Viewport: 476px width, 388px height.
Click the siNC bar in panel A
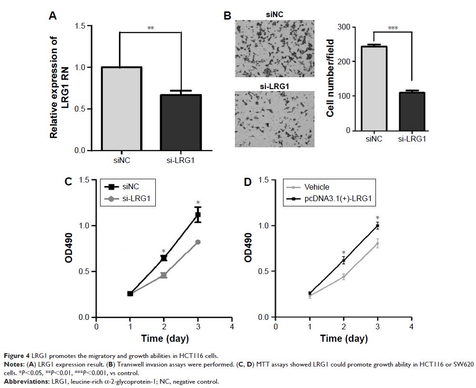[x=119, y=109]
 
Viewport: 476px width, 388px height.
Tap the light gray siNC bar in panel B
[x=373, y=88]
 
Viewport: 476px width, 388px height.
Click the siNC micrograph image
[x=275, y=48]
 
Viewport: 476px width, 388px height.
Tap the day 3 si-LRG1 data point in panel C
[x=198, y=242]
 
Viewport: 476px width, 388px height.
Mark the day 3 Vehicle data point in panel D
[x=377, y=244]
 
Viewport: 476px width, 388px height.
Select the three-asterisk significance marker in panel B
[x=393, y=28]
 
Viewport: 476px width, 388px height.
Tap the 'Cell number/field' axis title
[x=329, y=78]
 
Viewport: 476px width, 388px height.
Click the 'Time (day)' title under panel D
[x=344, y=339]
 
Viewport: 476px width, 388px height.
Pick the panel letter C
[x=68, y=182]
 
